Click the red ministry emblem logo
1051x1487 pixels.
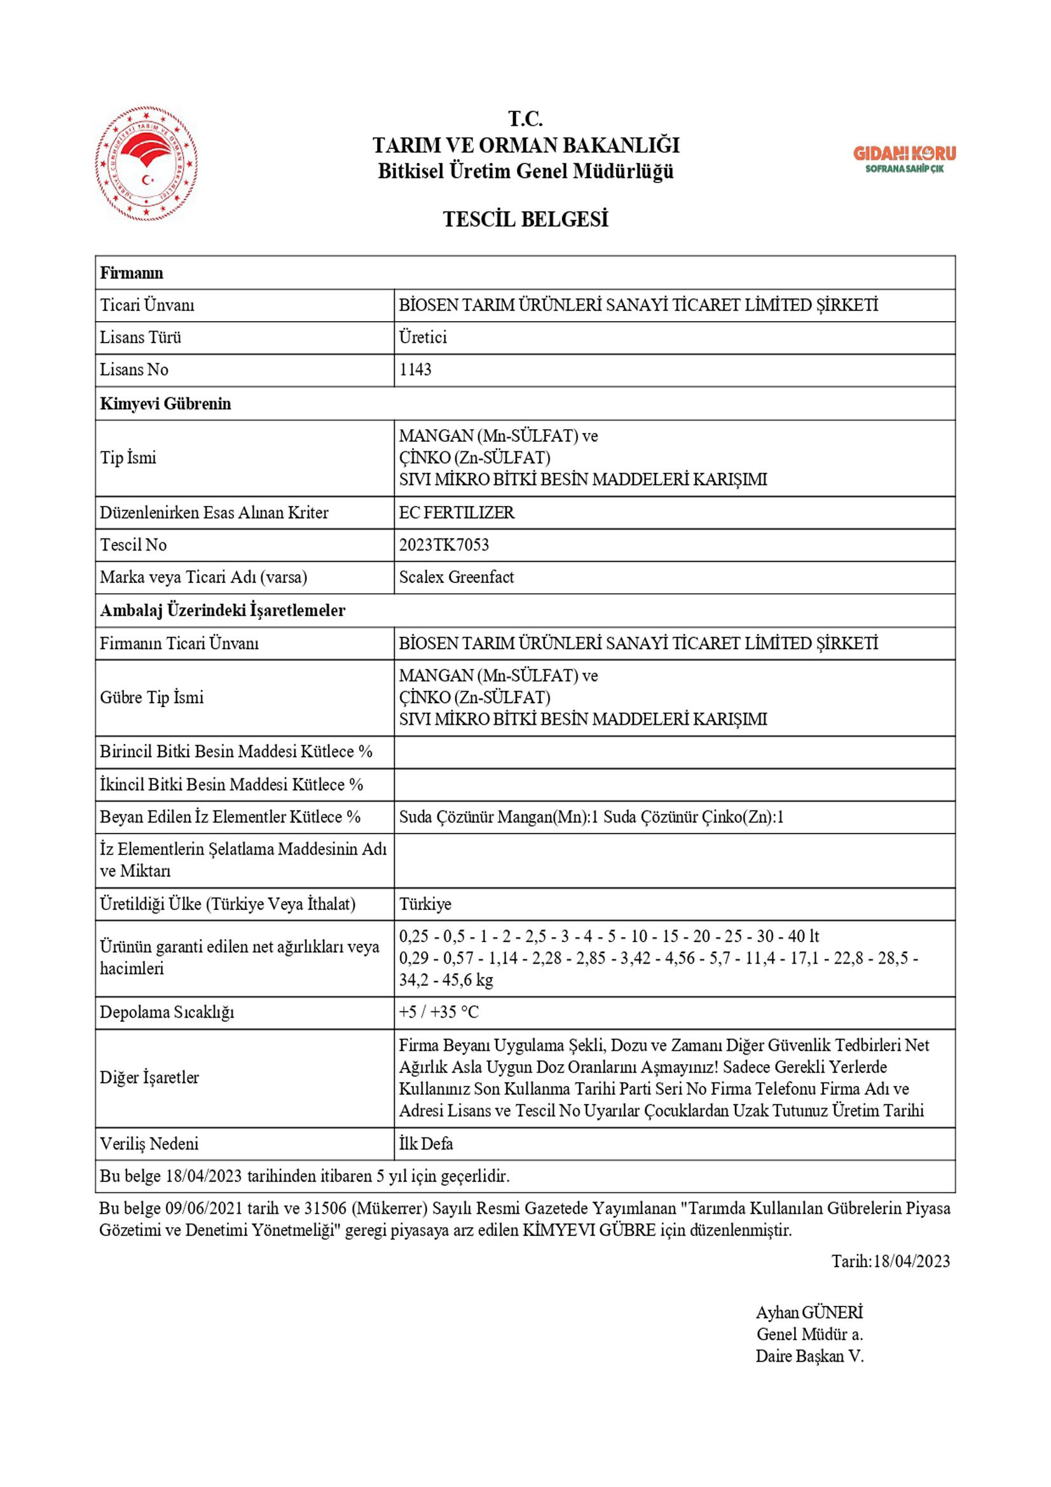click(x=147, y=165)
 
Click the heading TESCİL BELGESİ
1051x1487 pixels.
click(x=525, y=219)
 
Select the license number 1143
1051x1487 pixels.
click(x=415, y=370)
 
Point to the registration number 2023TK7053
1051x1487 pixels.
click(x=444, y=545)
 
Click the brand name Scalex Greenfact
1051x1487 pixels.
click(x=456, y=577)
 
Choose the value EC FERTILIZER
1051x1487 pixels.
click(x=457, y=512)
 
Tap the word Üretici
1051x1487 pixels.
click(x=422, y=338)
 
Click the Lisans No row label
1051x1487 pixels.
click(x=134, y=370)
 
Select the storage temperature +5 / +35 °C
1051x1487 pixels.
click(x=439, y=1011)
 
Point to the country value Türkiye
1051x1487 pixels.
click(x=425, y=903)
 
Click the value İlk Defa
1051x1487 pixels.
click(x=425, y=1143)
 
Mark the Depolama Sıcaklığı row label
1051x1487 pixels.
click(x=167, y=1011)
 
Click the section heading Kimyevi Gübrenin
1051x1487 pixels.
click(x=165, y=404)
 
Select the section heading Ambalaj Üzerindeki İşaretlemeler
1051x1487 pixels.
click(x=222, y=610)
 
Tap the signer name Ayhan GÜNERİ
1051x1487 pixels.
click(x=809, y=1312)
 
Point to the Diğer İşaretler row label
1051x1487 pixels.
click(x=149, y=1077)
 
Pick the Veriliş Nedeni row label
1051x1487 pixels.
click(x=149, y=1143)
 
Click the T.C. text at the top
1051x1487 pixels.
click(x=525, y=119)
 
